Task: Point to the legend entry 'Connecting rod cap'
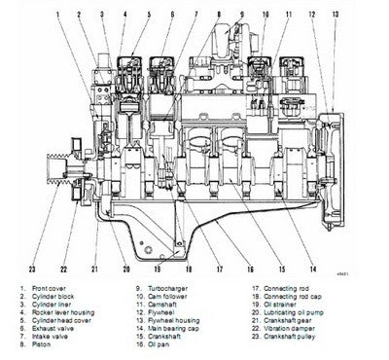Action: (x=304, y=297)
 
